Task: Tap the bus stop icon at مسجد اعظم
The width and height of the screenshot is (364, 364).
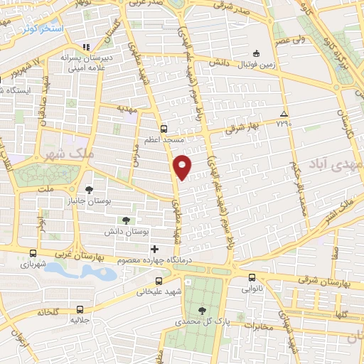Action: click(164, 129)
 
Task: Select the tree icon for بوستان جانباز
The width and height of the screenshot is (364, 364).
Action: click(89, 189)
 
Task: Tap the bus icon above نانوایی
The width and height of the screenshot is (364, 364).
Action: click(252, 278)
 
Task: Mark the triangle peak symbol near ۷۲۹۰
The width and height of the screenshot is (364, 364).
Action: click(284, 114)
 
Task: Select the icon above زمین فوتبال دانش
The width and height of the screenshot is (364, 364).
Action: click(257, 53)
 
